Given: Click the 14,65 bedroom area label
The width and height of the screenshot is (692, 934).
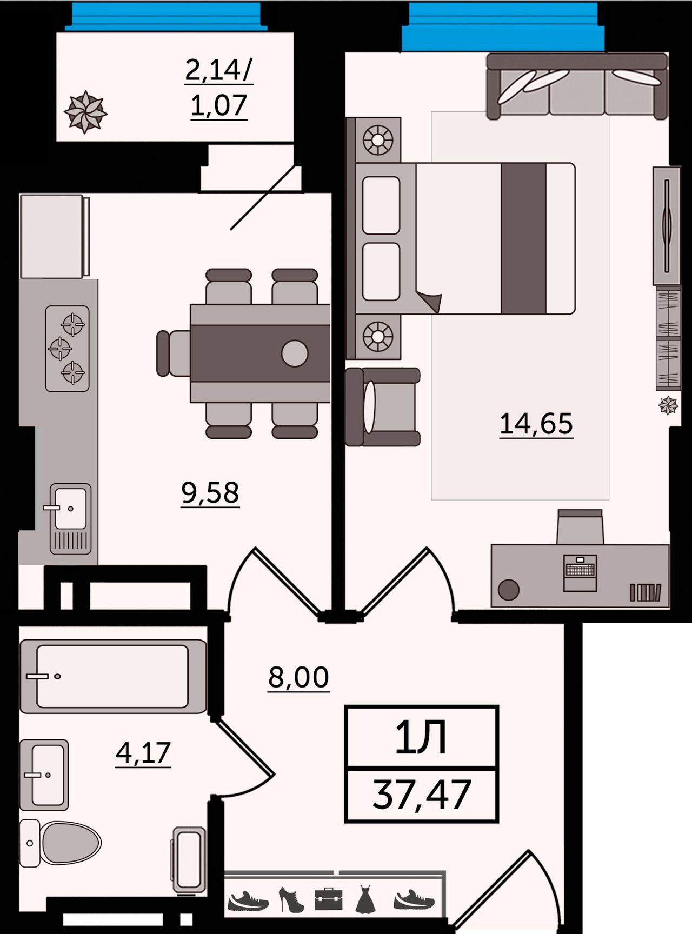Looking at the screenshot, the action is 536,424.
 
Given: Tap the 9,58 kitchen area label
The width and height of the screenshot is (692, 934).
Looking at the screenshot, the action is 210,493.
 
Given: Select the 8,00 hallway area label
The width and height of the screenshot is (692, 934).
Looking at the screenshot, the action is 298,677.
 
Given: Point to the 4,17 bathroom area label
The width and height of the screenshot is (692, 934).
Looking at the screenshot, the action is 143,753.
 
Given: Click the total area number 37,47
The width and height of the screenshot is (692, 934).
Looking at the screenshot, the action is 422,795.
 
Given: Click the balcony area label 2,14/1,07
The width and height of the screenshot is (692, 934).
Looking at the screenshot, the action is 219,88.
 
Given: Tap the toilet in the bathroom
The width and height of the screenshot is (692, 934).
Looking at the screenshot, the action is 61,843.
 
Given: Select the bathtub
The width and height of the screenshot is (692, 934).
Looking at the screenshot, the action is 113,676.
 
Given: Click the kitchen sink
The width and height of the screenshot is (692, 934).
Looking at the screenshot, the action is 70,519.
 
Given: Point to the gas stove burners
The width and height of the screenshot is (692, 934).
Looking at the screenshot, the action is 67,349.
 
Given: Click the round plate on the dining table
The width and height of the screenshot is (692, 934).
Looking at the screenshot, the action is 295,353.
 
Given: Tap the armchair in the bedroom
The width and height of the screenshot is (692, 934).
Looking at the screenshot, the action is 383,407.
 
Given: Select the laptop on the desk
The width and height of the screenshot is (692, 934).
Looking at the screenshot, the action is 580,573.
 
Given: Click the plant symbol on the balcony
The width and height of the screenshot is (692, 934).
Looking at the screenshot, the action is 85,112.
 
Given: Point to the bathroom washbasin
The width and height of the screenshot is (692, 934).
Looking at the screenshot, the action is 44,775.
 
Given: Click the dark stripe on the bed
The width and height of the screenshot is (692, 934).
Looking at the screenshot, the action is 523,238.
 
